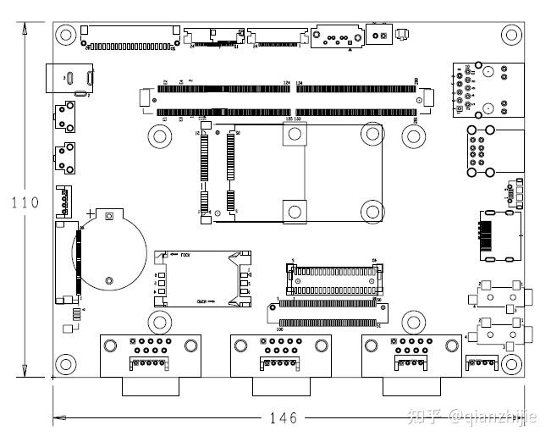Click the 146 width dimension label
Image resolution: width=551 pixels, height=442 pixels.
pos(283,417)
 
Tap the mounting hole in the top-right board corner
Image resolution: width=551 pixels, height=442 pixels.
pos(510,35)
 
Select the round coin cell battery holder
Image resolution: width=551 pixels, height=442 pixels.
pos(109,249)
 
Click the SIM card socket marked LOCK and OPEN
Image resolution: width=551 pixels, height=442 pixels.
pos(203,278)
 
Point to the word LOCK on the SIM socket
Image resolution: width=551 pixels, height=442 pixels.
pos(185,255)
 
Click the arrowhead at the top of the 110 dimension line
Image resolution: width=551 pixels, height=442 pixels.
pos(25,30)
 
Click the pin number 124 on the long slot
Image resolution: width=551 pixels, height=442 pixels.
pos(286,82)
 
